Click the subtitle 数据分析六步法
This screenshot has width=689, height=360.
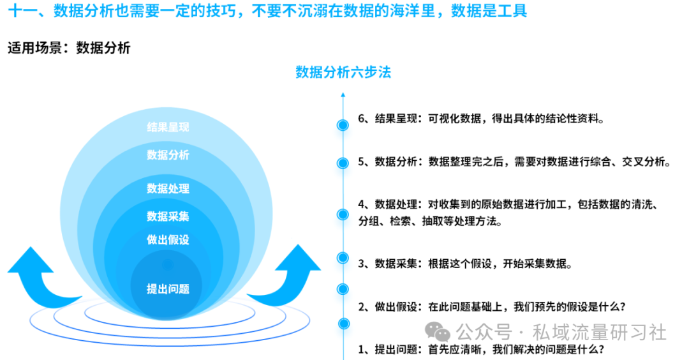343,72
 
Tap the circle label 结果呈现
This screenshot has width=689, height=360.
168,127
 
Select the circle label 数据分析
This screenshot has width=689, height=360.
168,154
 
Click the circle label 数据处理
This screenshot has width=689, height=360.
168,188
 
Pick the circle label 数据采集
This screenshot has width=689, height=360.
168,216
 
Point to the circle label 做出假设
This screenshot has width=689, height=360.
168,239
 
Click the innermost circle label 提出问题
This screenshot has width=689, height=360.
168,289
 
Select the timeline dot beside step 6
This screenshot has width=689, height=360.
343,125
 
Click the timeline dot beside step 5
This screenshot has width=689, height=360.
343,163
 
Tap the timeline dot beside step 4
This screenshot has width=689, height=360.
343,214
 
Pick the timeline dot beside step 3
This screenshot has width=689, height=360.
343,258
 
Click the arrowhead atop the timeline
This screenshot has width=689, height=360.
343,94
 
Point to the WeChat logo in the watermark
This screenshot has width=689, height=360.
438,331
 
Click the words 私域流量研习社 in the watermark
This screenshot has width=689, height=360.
599,333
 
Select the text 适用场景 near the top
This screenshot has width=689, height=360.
34,48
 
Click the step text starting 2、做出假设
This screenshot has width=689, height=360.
492,307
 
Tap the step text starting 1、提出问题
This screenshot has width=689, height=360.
481,349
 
